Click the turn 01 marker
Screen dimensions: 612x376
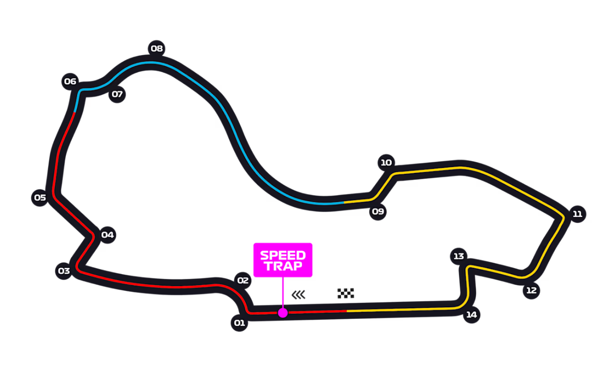[x=239, y=324]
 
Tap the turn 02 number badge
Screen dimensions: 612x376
[x=242, y=281]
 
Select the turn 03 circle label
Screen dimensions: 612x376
[x=64, y=271]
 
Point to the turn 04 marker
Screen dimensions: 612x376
[x=107, y=235]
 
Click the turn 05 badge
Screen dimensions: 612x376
[x=39, y=198]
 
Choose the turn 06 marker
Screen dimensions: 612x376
[x=70, y=82]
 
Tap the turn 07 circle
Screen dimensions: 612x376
[x=117, y=94]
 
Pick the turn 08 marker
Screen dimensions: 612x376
[x=156, y=48]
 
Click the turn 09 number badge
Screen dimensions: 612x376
[x=378, y=212]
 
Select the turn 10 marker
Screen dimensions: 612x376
[x=386, y=163]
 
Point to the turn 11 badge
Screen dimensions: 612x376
[x=577, y=214]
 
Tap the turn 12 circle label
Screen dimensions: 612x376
[x=531, y=291]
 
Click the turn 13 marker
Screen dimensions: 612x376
[x=459, y=256]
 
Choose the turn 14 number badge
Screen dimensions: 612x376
[x=472, y=315]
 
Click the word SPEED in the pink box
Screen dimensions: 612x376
[x=283, y=255]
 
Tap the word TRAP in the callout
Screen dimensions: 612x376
[x=283, y=267]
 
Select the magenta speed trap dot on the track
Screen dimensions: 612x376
[x=283, y=313]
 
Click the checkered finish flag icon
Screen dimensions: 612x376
[x=345, y=293]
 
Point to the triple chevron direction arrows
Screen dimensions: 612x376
[x=299, y=295]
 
